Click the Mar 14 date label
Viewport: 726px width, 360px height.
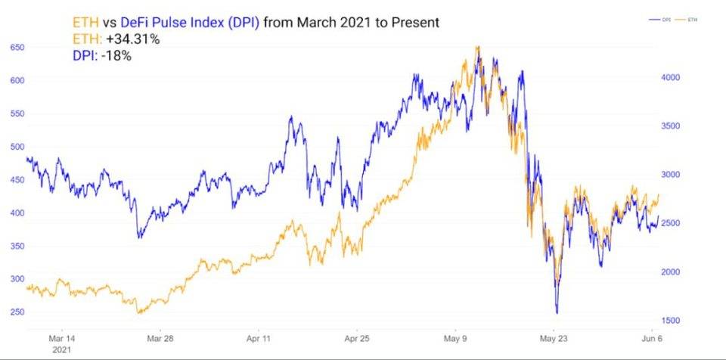pyautogui.click(x=62, y=339)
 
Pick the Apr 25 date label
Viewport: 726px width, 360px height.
pyautogui.click(x=356, y=339)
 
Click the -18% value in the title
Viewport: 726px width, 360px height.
pyautogui.click(x=118, y=55)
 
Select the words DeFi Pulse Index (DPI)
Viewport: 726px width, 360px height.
pyautogui.click(x=201, y=23)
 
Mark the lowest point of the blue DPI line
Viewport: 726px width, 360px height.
pyautogui.click(x=557, y=312)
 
